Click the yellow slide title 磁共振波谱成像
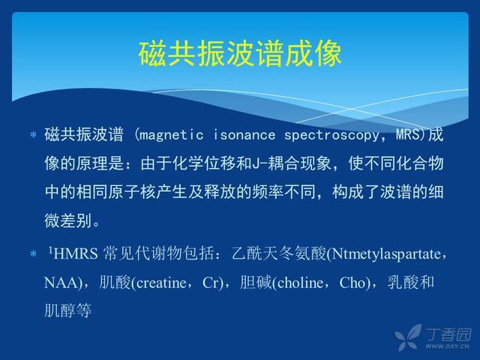240,54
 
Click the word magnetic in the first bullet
171,135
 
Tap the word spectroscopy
331,136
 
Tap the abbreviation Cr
210,283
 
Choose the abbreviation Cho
352,283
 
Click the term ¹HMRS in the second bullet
73,254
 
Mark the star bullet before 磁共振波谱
33,135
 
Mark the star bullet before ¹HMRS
33,253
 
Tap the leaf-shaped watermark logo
408,337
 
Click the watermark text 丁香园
448,335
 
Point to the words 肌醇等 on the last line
68,310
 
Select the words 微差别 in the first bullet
68,220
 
